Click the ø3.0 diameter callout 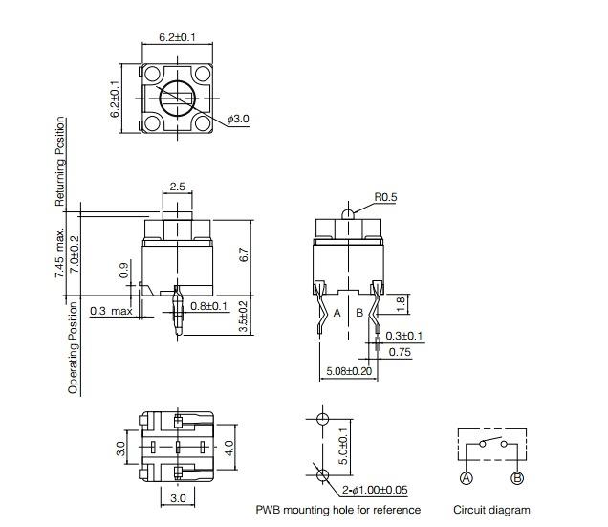click(x=239, y=119)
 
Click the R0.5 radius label click(x=385, y=198)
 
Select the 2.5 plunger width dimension click(x=177, y=187)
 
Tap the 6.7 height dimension click(x=243, y=255)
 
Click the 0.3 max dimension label click(x=112, y=311)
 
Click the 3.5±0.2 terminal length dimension click(x=243, y=317)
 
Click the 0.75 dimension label click(x=400, y=352)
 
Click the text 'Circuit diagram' click(x=491, y=510)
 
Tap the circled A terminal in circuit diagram click(x=466, y=478)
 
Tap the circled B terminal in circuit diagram click(x=517, y=478)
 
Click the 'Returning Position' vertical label click(x=60, y=162)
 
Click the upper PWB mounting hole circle click(x=322, y=420)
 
